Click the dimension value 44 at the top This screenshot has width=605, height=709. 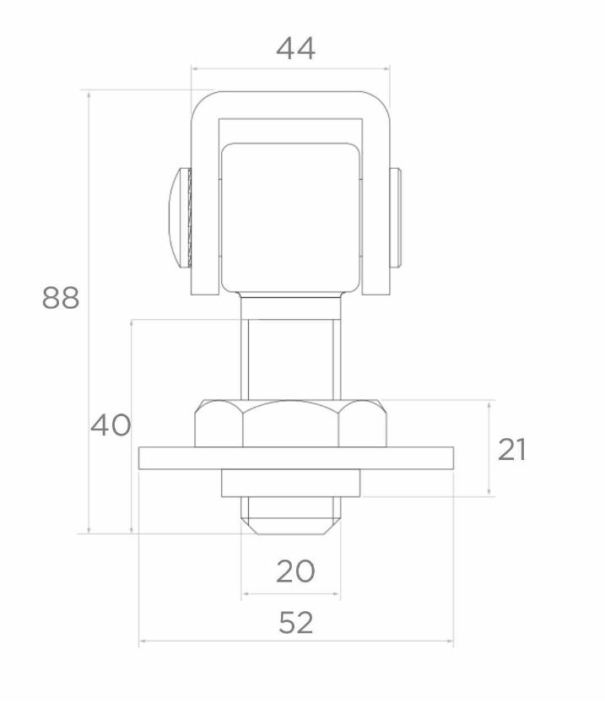(x=295, y=48)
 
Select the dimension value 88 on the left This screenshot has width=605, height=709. (x=61, y=298)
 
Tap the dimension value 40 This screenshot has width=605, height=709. (x=111, y=425)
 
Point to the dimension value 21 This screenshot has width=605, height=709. (x=512, y=450)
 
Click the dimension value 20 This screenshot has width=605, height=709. (x=295, y=572)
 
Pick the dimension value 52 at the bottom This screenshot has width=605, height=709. (x=295, y=624)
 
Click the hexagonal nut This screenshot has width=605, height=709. (x=291, y=424)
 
